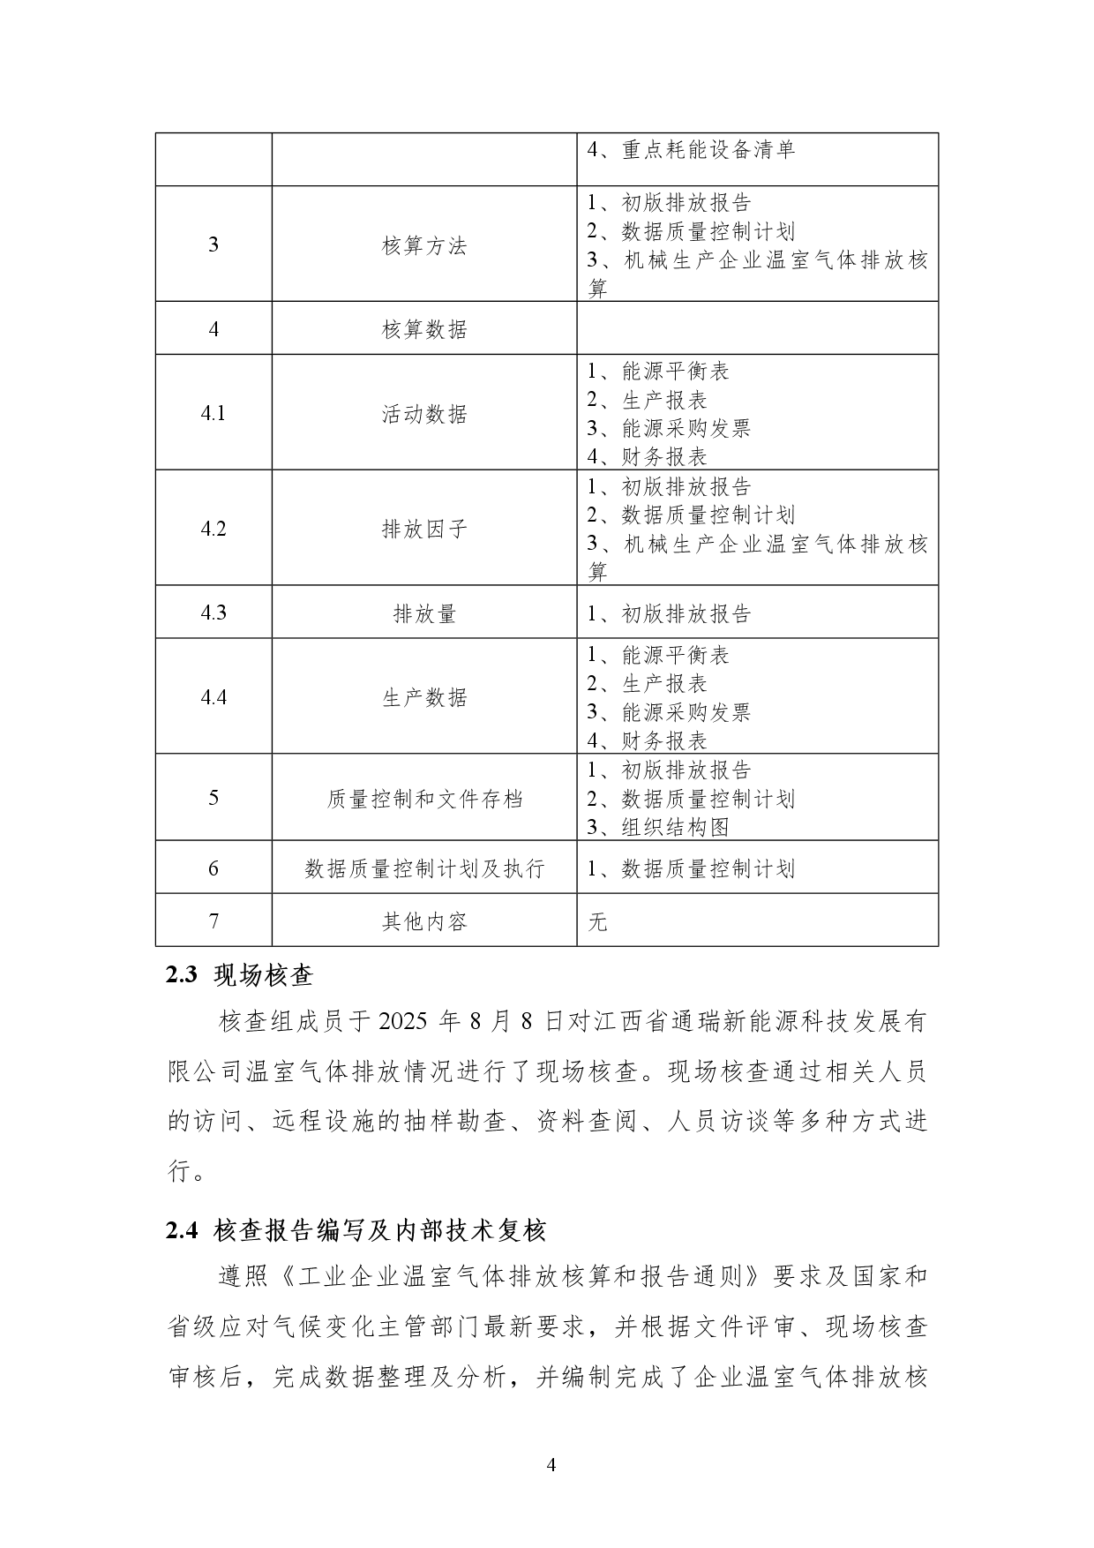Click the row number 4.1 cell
[x=214, y=413]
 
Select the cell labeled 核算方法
[x=424, y=245]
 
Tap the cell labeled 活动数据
[x=424, y=414]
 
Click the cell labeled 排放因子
[x=424, y=529]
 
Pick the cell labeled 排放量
[x=424, y=613]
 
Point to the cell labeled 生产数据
[x=424, y=697]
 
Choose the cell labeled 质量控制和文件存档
[x=424, y=799]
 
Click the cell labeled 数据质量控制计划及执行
[x=424, y=868]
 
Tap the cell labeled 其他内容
[x=424, y=921]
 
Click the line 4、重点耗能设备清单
[x=692, y=150]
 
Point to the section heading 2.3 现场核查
[x=239, y=975]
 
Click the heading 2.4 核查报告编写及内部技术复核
[x=356, y=1230]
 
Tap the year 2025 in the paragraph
[x=403, y=1022]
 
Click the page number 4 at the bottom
[x=551, y=1466]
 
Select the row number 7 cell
[x=214, y=921]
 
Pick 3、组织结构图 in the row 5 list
[x=658, y=827]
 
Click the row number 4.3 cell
[x=214, y=612]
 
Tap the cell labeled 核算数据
[x=424, y=329]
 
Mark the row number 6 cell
[x=214, y=868]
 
